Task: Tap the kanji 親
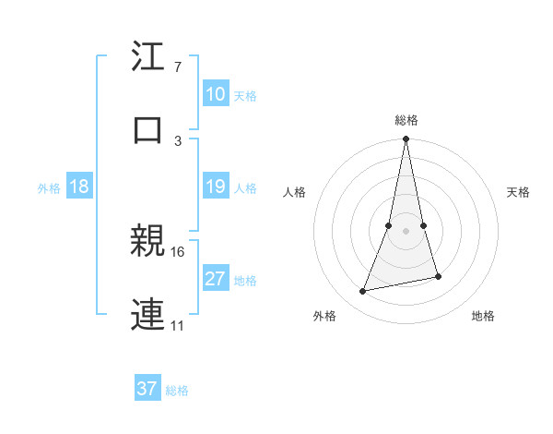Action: [147, 242]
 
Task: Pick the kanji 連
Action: [147, 314]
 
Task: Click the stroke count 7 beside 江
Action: [178, 68]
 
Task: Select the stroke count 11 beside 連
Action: [179, 325]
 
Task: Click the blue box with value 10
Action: [216, 94]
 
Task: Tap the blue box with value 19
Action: [216, 187]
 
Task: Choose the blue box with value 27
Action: [216, 279]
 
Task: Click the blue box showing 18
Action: [79, 187]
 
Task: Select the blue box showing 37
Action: [147, 389]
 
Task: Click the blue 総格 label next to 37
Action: [178, 391]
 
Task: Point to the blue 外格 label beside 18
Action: [49, 188]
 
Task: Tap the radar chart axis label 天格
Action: [519, 192]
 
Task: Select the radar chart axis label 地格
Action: [483, 316]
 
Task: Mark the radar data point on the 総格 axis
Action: [406, 139]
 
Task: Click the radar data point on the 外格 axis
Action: [363, 292]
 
